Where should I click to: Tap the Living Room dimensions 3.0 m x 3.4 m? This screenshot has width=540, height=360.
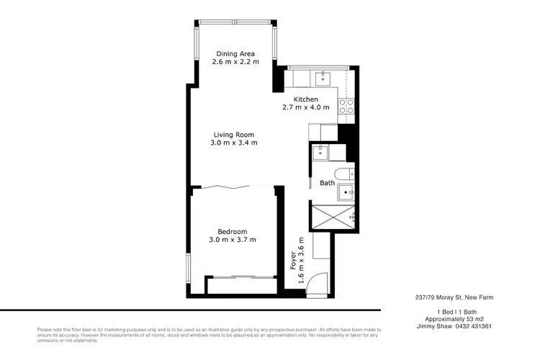click(233, 143)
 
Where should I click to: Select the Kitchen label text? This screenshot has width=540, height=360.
click(305, 99)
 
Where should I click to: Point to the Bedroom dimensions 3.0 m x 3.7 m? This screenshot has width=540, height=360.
click(233, 239)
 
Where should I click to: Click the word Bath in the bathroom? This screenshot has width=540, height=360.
click(328, 183)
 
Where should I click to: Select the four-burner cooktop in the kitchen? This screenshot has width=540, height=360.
click(346, 107)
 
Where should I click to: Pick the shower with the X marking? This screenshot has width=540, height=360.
click(333, 217)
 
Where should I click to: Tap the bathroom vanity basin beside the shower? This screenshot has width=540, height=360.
click(347, 192)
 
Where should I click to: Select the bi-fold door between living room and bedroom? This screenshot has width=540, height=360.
click(233, 187)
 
